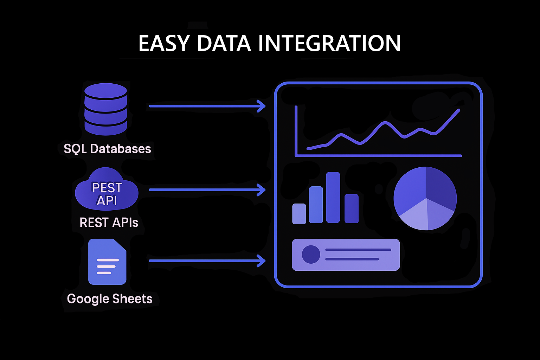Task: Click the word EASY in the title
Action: (164, 44)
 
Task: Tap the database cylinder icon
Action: (106, 109)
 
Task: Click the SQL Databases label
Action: (107, 149)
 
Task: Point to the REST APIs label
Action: (109, 223)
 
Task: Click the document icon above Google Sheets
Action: (107, 262)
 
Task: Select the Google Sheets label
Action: (110, 299)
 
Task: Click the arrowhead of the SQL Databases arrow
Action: (262, 106)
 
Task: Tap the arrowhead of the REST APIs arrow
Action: (262, 190)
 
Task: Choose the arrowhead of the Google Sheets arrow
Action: (262, 261)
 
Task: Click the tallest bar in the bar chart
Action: (333, 198)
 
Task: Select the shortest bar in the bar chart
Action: (299, 214)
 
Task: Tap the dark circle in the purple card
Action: (311, 255)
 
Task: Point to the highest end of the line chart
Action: (459, 110)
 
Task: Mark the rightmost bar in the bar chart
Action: (352, 209)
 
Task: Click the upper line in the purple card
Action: (358, 250)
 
